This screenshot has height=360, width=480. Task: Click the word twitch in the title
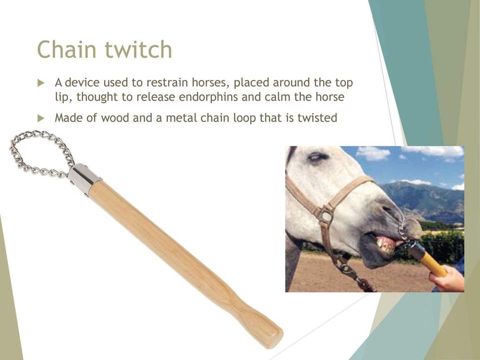pos(138,49)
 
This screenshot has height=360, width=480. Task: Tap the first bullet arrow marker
pos(40,83)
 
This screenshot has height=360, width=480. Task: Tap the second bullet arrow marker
pos(40,118)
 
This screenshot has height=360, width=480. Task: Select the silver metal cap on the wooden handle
pos(83,179)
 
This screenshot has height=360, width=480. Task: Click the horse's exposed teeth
pos(386,244)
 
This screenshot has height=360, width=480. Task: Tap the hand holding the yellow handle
pos(447,278)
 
